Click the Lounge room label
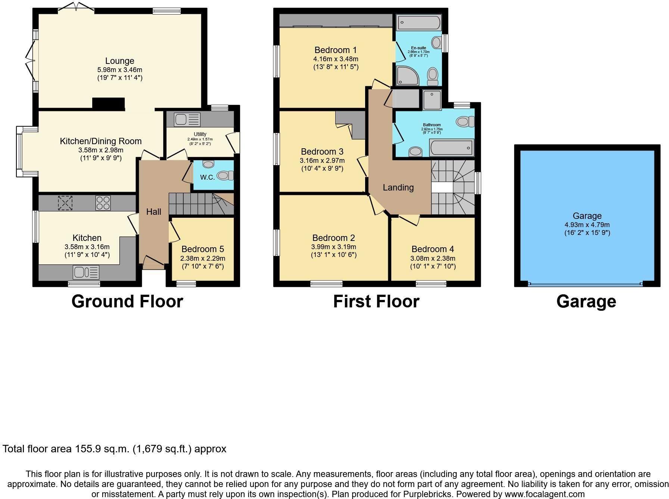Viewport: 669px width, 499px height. click(x=119, y=61)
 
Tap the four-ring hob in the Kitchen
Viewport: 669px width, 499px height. click(x=103, y=203)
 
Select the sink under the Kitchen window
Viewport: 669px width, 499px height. click(x=86, y=272)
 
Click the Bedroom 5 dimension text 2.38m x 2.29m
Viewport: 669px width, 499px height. click(x=203, y=258)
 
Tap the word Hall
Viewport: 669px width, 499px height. click(x=153, y=212)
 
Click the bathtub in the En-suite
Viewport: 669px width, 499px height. click(x=418, y=23)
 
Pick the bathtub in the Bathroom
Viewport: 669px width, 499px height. click(x=452, y=148)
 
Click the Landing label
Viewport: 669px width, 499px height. click(x=398, y=187)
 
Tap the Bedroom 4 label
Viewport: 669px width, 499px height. click(x=433, y=249)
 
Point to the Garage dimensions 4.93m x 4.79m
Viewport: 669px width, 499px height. click(x=587, y=225)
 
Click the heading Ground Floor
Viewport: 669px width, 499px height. click(x=127, y=301)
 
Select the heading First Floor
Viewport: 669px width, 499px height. click(x=376, y=301)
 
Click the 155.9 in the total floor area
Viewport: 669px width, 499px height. click(x=88, y=449)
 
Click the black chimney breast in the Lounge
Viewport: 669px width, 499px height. click(x=108, y=104)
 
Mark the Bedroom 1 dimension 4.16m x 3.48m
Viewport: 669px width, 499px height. click(x=336, y=59)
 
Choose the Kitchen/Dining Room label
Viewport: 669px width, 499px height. click(x=101, y=141)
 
